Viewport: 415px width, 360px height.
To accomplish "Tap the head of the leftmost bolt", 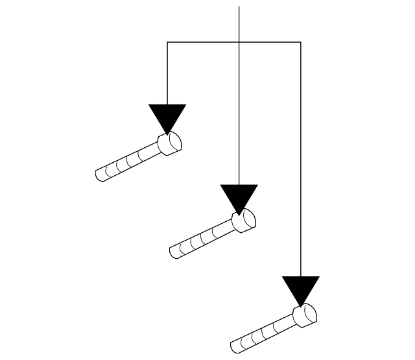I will pos(171,143).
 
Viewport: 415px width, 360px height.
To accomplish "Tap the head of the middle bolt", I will pos(244,222).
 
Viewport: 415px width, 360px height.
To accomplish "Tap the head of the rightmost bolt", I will pos(305,315).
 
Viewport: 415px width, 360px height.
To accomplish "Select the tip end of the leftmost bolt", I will pos(100,175).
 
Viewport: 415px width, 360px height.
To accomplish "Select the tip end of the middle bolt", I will pos(174,254).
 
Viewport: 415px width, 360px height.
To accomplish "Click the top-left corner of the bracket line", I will pos(167,42).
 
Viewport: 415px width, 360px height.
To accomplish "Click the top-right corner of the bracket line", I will pos(301,42).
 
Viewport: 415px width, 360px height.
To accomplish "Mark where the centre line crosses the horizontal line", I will pos(239,42).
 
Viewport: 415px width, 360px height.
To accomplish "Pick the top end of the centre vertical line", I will pos(239,7).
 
